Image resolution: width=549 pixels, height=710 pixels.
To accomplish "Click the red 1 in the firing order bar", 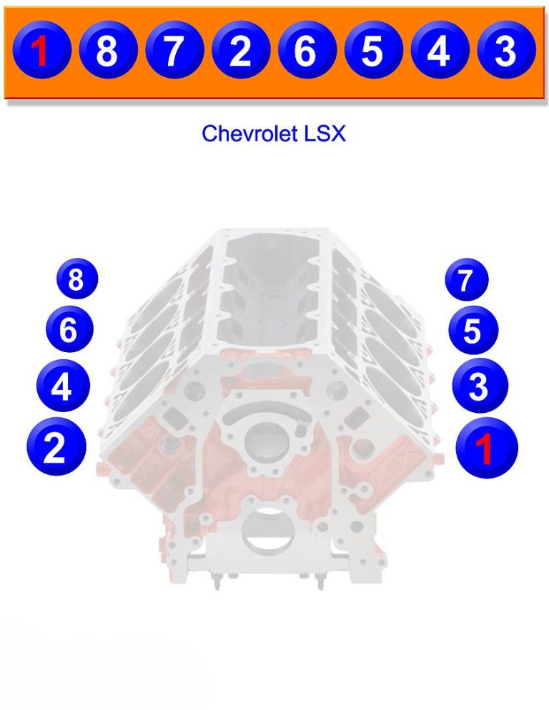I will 41,51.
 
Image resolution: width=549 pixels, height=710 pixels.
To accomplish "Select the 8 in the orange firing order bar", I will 107,51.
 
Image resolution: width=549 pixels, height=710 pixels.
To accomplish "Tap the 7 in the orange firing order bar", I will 174,51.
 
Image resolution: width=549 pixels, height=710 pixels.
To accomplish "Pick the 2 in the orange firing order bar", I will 240,51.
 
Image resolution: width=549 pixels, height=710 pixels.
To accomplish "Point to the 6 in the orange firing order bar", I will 306,51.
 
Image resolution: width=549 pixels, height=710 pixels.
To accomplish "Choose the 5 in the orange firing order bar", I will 372,51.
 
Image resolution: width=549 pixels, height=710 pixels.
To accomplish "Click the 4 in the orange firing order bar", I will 438,51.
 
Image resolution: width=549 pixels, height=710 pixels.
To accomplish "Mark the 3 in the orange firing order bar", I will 505,51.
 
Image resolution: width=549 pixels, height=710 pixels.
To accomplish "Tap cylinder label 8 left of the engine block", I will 76,280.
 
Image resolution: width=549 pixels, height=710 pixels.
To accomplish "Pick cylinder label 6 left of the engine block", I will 69,330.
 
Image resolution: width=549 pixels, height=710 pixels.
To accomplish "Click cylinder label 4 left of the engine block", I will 63,386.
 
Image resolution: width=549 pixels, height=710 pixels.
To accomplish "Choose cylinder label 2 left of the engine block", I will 56,447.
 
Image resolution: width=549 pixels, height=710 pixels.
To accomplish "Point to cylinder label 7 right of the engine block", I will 466,280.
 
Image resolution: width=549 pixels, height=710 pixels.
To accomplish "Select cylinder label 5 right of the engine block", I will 473,331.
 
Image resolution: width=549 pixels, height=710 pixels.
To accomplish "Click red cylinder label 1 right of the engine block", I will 486,449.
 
